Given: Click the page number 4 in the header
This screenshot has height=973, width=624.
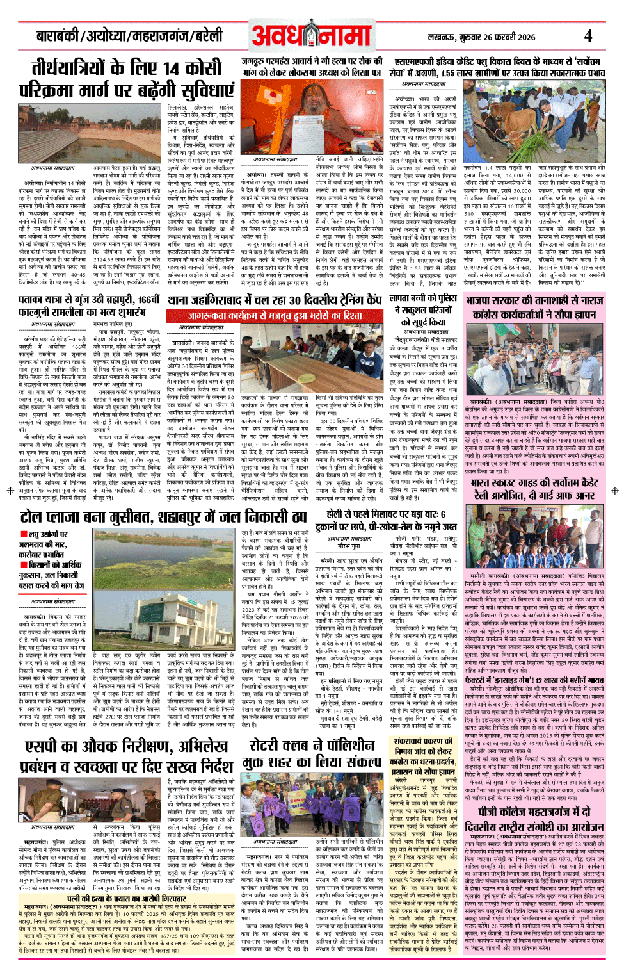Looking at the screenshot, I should click(x=588, y=35).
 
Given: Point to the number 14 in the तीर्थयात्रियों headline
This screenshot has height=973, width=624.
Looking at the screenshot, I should click(x=171, y=69).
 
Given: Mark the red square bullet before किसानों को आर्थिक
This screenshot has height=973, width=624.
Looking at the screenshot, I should click(x=24, y=564).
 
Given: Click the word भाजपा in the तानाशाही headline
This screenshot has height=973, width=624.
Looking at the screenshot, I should click(x=483, y=300).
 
